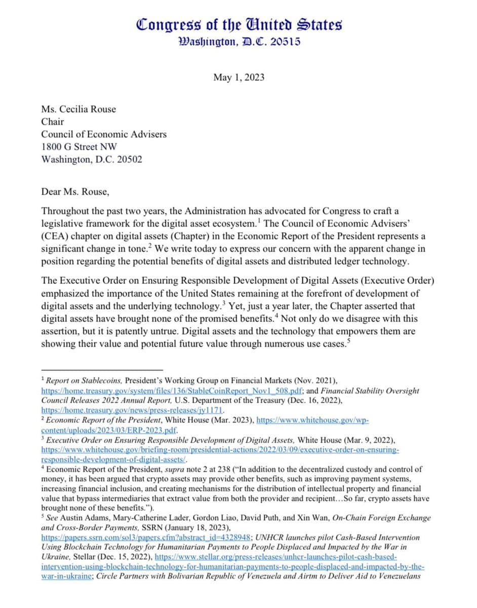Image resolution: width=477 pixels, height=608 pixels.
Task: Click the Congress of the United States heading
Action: (238, 24)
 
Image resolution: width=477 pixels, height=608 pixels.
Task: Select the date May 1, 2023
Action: (238, 78)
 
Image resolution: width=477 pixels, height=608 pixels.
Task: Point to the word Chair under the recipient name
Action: (53, 122)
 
